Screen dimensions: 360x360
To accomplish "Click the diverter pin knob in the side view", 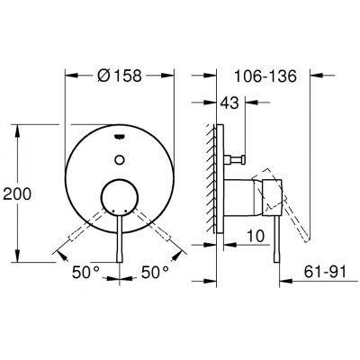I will [x=241, y=159].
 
